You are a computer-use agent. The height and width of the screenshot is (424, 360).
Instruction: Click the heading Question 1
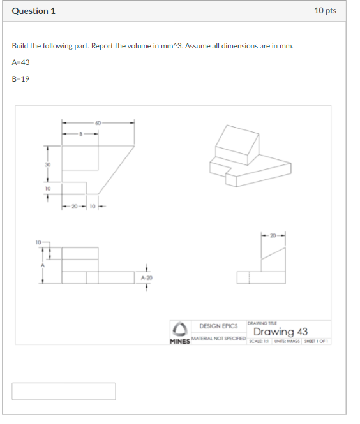[33, 11]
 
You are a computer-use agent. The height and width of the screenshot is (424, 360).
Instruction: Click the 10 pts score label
[326, 11]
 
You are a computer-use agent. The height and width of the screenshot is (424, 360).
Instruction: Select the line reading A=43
[20, 62]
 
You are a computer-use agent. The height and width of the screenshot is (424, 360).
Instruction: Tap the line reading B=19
[20, 79]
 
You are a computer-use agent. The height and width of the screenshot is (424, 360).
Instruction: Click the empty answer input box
[63, 391]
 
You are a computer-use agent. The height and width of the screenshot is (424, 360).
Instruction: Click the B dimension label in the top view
[80, 133]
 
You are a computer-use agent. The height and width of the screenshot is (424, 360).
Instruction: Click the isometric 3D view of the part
[250, 156]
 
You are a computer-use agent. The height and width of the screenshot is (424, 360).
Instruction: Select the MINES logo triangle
[181, 328]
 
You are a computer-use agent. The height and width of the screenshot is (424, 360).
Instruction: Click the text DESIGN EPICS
[218, 326]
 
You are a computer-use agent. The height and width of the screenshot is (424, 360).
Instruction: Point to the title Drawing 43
[280, 332]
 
